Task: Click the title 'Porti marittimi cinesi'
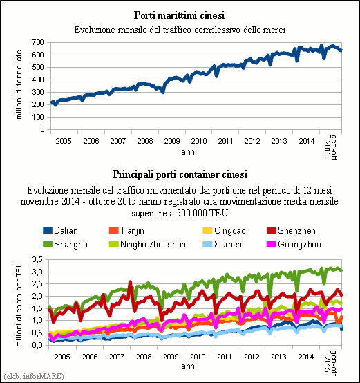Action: (x=179, y=15)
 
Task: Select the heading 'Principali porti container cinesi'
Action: (x=180, y=174)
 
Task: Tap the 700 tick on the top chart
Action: (x=38, y=42)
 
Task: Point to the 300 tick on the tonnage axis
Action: (x=38, y=92)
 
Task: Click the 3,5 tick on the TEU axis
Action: (x=37, y=259)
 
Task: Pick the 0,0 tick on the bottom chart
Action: (x=37, y=345)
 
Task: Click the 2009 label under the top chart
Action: (x=171, y=141)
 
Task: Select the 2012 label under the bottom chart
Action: (x=252, y=357)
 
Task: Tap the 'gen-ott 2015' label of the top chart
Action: (x=330, y=147)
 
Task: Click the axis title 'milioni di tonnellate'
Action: (x=19, y=85)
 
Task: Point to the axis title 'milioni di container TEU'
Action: (x=19, y=304)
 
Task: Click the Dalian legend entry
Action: (x=60, y=230)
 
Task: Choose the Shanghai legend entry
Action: (x=66, y=244)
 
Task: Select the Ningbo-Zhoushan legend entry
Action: (x=147, y=244)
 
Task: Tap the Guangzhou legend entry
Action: (x=294, y=244)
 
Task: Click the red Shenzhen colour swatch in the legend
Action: (x=272, y=230)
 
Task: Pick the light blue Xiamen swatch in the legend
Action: (x=207, y=244)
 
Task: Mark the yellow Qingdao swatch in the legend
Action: (x=207, y=230)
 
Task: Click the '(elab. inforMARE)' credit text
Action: (x=34, y=376)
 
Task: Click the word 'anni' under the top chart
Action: (x=189, y=152)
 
